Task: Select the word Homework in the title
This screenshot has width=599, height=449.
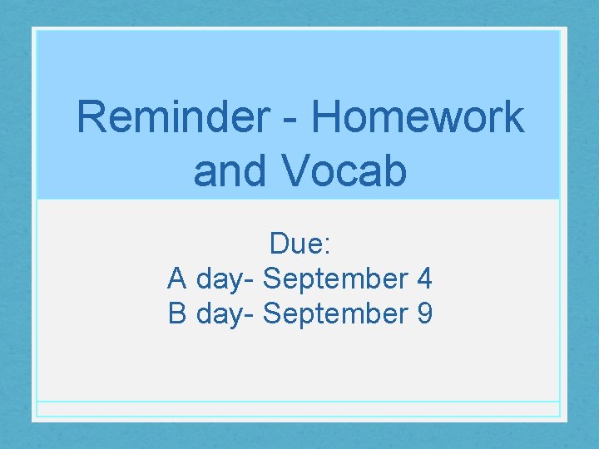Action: [x=418, y=117]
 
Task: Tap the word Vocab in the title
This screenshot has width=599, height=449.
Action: [x=344, y=171]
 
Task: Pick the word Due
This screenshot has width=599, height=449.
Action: [x=296, y=244]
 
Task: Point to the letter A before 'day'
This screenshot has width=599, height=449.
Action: [x=177, y=279]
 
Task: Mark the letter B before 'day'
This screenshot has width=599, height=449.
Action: [x=177, y=314]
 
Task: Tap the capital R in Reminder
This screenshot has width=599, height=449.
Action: [x=92, y=117]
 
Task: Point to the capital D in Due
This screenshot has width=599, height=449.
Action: [x=279, y=244]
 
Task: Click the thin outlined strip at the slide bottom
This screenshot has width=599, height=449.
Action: [x=299, y=409]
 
